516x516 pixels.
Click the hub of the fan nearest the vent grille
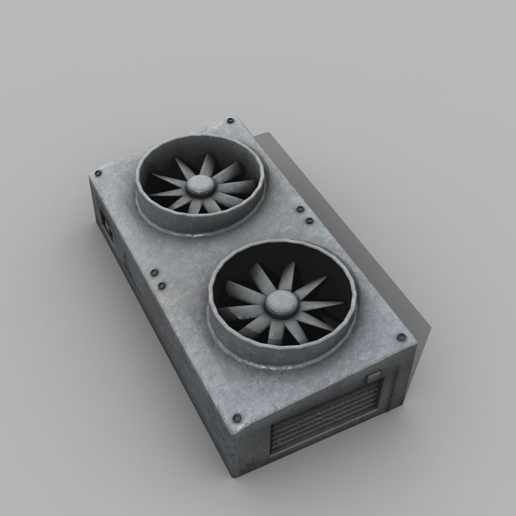(x=279, y=301)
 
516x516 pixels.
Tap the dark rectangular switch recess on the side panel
(x=103, y=221)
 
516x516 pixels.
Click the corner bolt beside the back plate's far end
(x=228, y=119)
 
